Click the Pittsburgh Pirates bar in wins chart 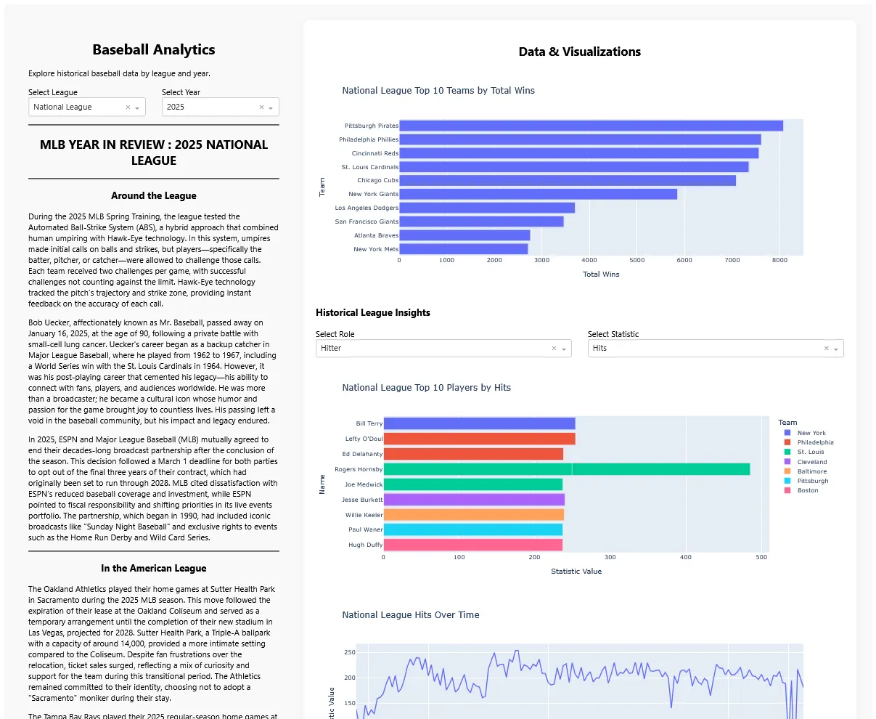pos(591,126)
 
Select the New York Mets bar pos(463,249)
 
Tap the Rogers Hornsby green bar pos(567,469)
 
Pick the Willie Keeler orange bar pos(473,515)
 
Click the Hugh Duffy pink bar pos(472,545)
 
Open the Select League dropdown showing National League pos(87,107)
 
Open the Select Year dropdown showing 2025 pos(220,107)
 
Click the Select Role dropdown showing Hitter pos(443,349)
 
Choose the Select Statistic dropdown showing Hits pos(716,349)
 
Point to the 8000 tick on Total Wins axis pos(779,260)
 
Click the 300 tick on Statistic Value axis pos(610,557)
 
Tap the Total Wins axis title pos(601,275)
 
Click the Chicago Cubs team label pos(377,180)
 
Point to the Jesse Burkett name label pos(361,500)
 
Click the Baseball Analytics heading pos(154,49)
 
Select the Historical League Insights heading pos(372,312)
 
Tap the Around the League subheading pos(154,196)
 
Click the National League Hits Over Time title pos(410,614)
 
